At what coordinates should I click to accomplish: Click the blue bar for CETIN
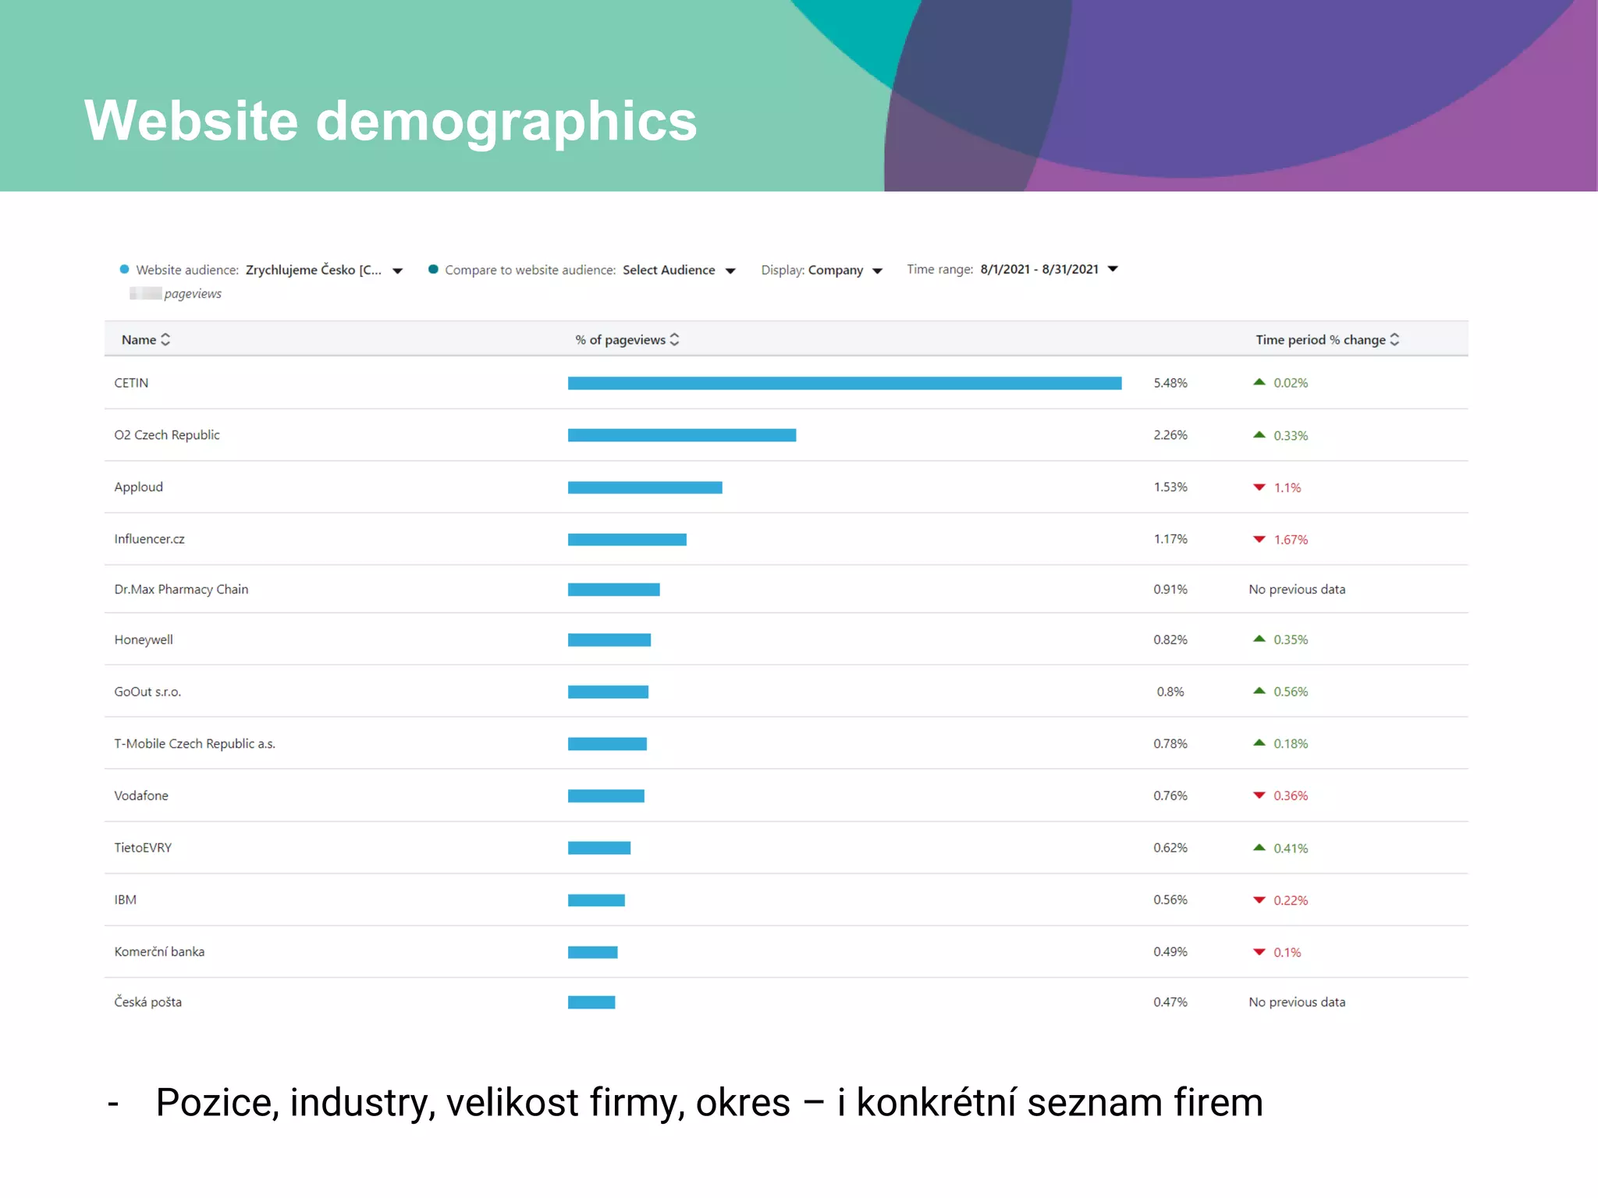coord(844,383)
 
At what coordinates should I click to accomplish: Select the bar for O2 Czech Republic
coord(682,435)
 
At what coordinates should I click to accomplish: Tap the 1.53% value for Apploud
coord(1170,487)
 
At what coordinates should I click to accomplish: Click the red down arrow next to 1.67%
coord(1259,540)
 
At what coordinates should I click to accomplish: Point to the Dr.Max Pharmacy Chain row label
coord(181,590)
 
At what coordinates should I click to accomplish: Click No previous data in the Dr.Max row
coord(1297,590)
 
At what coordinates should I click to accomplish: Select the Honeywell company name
coord(144,640)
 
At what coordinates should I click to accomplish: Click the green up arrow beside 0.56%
coord(1259,691)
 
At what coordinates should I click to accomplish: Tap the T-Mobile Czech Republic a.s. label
coord(194,744)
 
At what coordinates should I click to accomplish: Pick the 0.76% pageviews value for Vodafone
coord(1170,796)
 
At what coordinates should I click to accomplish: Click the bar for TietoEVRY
coord(599,848)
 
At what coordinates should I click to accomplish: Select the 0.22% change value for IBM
coord(1291,900)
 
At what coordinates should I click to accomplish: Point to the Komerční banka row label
coord(159,952)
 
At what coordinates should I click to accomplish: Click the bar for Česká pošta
coord(591,1002)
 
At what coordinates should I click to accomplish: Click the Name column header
coord(139,340)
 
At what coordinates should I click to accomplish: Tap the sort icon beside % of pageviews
coord(675,340)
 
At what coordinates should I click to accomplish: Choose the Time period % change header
coord(1320,340)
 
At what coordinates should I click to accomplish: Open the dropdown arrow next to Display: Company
coord(878,271)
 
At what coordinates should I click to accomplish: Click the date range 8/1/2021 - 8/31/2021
coord(1039,269)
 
